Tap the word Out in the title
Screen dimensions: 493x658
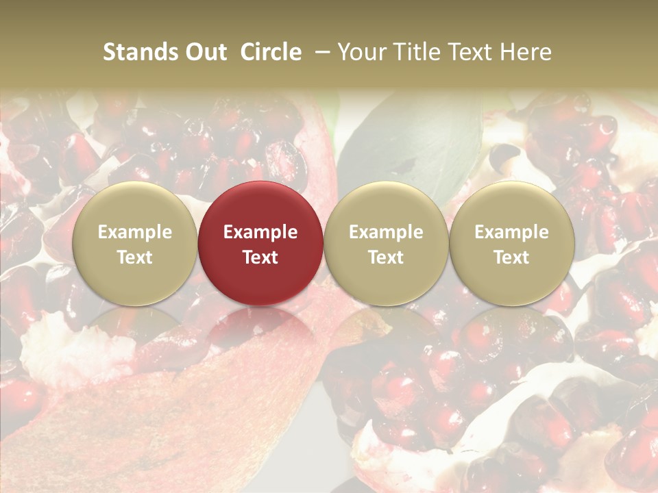[x=204, y=52]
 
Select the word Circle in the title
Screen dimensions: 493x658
[x=271, y=52]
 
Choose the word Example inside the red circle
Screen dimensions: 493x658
[x=260, y=232]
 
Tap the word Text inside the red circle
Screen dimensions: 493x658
[x=260, y=257]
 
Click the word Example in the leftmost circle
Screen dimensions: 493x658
[x=134, y=232]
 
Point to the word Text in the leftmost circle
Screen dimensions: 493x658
[x=134, y=257]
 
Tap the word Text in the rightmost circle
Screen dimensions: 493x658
[x=511, y=257]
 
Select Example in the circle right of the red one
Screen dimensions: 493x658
[x=386, y=232]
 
